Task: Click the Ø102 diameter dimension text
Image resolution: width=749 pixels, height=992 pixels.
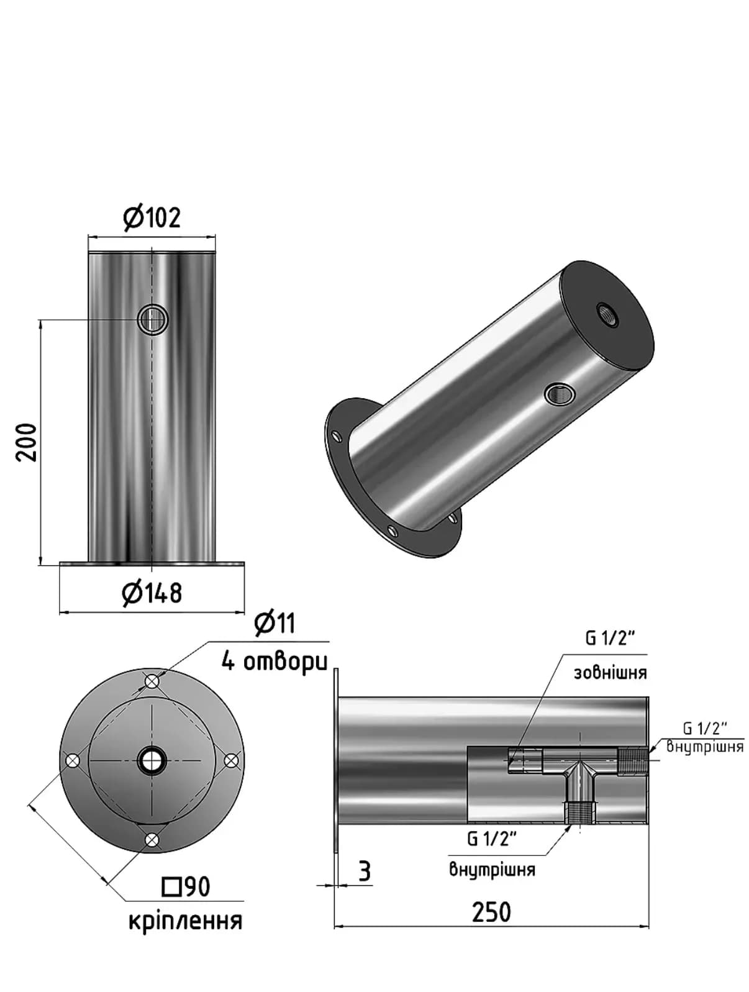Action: pyautogui.click(x=152, y=218)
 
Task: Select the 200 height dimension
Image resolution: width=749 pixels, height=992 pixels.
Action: pyautogui.click(x=26, y=442)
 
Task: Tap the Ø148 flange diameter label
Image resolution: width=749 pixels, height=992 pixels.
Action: pyautogui.click(x=152, y=593)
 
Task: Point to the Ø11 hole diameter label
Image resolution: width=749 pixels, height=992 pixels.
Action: pyautogui.click(x=275, y=624)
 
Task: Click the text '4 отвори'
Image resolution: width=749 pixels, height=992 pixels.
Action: pyautogui.click(x=275, y=662)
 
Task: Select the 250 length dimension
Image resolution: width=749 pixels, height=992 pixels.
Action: pyautogui.click(x=491, y=912)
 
